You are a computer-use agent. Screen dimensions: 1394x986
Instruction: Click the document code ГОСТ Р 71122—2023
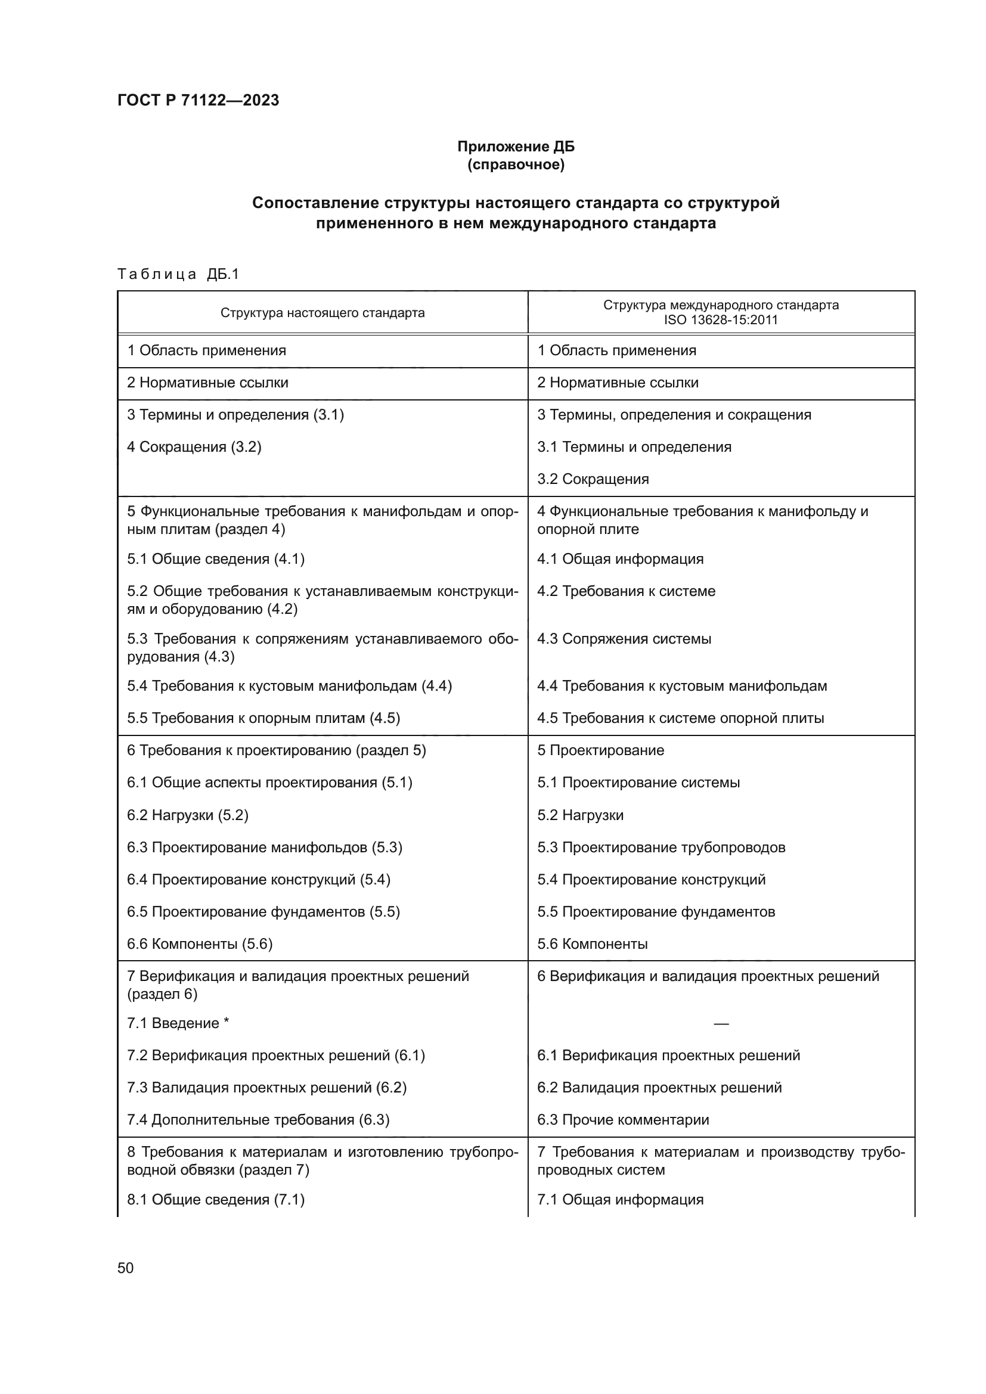point(198,100)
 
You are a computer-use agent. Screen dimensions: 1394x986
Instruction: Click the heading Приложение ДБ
point(516,147)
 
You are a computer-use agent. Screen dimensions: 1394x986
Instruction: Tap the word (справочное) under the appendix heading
point(516,164)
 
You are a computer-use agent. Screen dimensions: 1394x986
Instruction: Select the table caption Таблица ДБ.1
point(178,274)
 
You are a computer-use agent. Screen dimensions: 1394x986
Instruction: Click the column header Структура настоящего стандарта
point(323,313)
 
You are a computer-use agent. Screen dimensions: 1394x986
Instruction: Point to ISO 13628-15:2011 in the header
point(721,320)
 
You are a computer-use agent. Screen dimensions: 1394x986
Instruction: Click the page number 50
point(126,1268)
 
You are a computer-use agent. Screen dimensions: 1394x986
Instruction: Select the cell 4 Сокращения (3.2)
point(194,447)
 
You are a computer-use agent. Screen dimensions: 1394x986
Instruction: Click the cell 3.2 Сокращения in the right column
point(593,479)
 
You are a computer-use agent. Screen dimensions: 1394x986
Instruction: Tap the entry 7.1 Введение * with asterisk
point(178,1023)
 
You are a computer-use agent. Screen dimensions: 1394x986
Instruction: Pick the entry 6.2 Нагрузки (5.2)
point(188,815)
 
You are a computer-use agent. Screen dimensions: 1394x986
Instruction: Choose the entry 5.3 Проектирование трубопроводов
point(661,847)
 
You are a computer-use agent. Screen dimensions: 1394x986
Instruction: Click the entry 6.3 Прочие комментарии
point(623,1120)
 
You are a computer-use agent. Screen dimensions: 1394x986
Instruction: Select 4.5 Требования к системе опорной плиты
point(681,718)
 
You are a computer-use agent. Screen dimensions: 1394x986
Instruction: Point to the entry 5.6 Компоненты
point(592,943)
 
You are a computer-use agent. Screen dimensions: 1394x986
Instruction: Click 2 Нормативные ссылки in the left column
point(207,383)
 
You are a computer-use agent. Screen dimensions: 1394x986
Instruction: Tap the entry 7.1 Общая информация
point(620,1200)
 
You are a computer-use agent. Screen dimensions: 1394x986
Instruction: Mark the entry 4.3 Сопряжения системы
point(624,639)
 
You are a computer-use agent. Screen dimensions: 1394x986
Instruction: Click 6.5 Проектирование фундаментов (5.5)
point(263,911)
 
